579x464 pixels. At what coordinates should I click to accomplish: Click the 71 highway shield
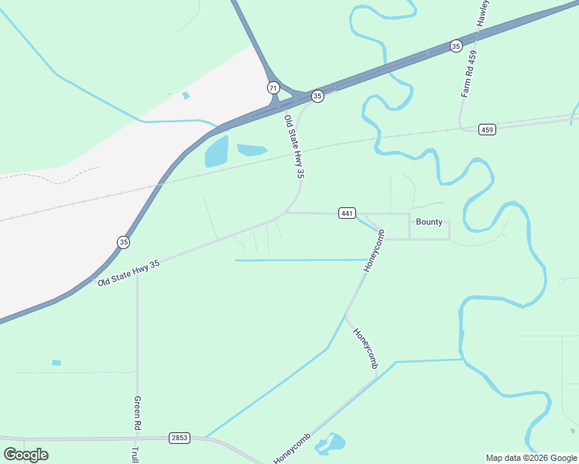pyautogui.click(x=273, y=87)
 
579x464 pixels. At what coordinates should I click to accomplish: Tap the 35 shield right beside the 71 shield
pyautogui.click(x=317, y=96)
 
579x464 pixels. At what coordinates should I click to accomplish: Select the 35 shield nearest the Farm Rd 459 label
pyautogui.click(x=456, y=46)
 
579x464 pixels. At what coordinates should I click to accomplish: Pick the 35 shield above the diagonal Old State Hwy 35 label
pyautogui.click(x=124, y=242)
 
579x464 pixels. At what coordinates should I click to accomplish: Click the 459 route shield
pyautogui.click(x=486, y=129)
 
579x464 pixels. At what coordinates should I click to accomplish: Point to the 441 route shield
pyautogui.click(x=347, y=213)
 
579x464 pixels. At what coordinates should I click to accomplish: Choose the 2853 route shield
pyautogui.click(x=180, y=438)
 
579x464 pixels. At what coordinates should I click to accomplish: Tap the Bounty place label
pyautogui.click(x=429, y=222)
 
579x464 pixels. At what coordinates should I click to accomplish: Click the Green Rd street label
pyautogui.click(x=137, y=415)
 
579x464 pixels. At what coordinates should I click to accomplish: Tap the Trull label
pyautogui.click(x=135, y=454)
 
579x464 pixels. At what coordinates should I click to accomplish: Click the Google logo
pyautogui.click(x=26, y=454)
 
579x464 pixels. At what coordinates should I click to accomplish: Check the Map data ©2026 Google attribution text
pyautogui.click(x=531, y=458)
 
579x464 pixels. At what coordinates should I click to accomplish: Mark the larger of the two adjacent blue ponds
pyautogui.click(x=217, y=152)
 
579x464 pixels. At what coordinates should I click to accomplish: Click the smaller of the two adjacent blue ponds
pyautogui.click(x=251, y=149)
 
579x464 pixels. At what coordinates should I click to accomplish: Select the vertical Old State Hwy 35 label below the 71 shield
pyautogui.click(x=293, y=148)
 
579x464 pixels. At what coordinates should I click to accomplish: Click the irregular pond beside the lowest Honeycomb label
pyautogui.click(x=331, y=444)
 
